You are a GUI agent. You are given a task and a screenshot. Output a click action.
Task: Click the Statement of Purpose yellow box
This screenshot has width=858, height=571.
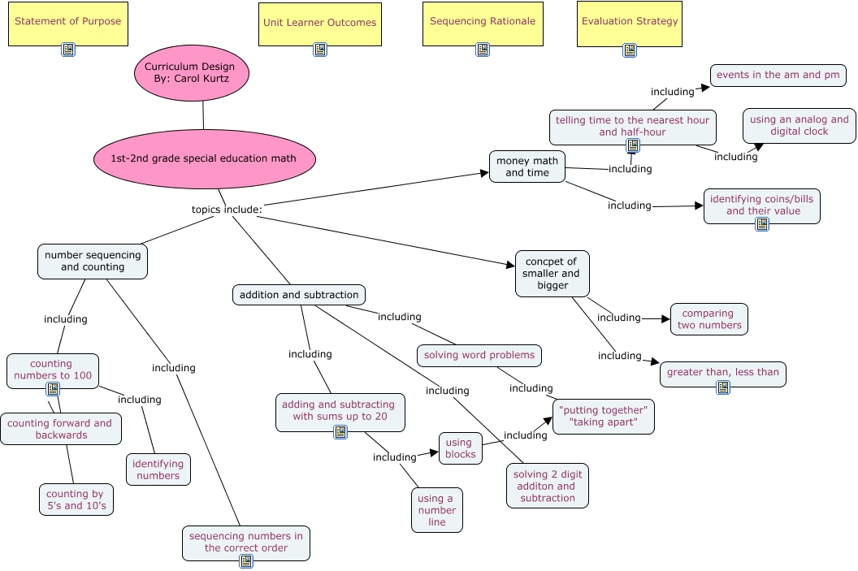[68, 24]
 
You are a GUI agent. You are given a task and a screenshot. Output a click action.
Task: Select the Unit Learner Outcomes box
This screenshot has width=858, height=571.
[320, 24]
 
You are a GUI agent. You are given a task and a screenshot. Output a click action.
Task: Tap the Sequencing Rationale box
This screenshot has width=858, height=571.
[483, 24]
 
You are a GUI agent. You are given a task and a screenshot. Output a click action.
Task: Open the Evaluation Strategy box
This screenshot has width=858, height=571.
[630, 24]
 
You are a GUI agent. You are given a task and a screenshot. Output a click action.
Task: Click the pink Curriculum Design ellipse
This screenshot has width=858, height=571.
[192, 73]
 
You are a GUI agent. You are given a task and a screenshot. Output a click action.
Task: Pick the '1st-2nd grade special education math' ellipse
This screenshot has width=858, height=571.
[205, 159]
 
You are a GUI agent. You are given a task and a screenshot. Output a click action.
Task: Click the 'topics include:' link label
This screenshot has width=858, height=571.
[227, 210]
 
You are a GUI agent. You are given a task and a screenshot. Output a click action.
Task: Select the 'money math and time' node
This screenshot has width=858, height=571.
[527, 167]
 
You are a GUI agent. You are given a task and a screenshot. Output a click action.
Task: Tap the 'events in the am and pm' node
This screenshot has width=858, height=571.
[778, 76]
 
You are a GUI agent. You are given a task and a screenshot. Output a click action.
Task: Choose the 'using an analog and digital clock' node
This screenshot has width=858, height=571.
[799, 126]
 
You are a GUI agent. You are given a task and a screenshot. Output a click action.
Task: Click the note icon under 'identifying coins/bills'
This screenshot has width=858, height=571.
[761, 223]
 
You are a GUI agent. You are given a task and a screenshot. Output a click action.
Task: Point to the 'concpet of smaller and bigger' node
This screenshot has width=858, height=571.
[552, 274]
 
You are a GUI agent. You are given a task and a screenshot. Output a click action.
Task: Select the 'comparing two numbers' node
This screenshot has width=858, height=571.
[709, 319]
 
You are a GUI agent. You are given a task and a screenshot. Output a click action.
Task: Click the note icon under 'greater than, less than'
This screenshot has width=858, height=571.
[723, 387]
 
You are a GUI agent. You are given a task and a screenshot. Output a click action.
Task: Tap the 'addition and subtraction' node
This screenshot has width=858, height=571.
[299, 295]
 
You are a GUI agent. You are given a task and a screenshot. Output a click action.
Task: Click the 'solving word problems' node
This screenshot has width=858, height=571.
[479, 356]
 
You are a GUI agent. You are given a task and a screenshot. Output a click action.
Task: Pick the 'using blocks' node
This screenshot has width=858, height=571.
[461, 448]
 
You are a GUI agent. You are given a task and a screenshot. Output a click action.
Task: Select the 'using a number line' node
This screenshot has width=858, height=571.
[436, 510]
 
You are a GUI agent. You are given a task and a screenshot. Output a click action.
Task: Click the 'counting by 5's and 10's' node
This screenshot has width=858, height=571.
[76, 500]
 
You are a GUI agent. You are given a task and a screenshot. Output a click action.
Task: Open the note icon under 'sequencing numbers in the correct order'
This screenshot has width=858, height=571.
[246, 561]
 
